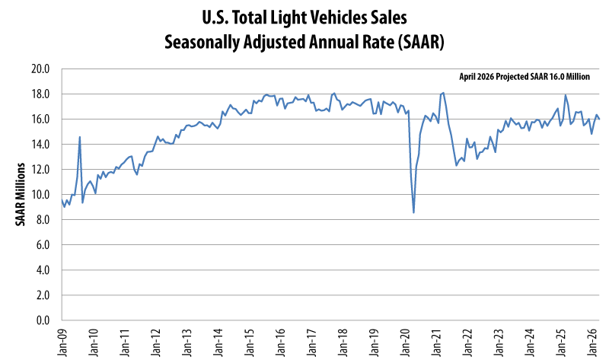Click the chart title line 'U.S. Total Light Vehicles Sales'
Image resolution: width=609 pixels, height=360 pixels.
tap(304, 16)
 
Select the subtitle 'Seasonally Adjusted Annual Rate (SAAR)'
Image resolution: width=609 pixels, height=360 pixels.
tap(304, 41)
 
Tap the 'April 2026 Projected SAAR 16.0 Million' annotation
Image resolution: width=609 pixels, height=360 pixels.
tap(525, 77)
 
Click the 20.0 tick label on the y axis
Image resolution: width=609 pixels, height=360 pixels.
tap(40, 69)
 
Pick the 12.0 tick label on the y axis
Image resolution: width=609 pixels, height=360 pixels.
tap(40, 170)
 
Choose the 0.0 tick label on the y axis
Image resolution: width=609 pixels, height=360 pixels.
tap(43, 320)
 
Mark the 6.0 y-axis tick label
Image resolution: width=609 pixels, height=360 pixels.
tap(43, 245)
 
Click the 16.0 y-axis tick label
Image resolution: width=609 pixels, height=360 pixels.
tap(40, 119)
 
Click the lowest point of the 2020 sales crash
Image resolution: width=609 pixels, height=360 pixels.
tap(413, 212)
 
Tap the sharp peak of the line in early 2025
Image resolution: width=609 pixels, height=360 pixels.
tap(566, 95)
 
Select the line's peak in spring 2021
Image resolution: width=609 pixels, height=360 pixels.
tap(443, 93)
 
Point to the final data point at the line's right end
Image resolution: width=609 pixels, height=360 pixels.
tap(600, 119)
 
